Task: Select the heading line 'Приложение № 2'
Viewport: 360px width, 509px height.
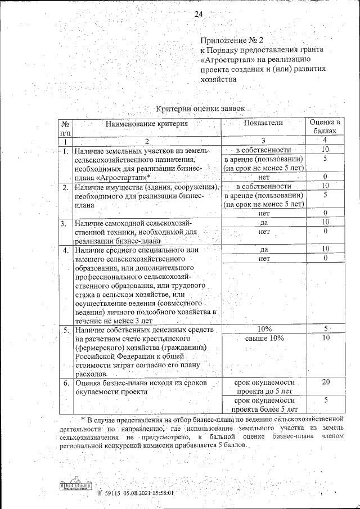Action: coord(232,40)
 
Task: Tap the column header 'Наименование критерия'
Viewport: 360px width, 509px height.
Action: coord(145,123)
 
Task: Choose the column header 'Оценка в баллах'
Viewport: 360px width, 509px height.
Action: coord(325,127)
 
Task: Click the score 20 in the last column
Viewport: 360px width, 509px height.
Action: coord(325,382)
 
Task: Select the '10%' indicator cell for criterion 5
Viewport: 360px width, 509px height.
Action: coord(264,328)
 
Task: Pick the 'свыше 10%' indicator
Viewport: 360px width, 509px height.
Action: coord(264,338)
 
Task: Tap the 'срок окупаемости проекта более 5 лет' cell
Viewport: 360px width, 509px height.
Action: coord(264,404)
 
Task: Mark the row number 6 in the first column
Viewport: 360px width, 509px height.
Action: coord(65,382)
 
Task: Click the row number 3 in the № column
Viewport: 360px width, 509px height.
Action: coord(65,223)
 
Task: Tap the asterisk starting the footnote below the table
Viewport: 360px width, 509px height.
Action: coord(82,418)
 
